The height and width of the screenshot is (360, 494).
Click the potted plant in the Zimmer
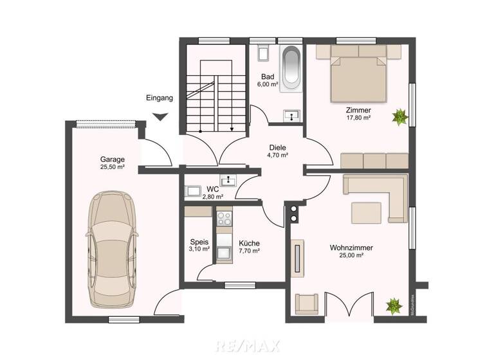[400, 116]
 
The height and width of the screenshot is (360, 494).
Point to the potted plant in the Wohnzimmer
[392, 304]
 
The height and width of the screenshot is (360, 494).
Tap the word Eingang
[160, 98]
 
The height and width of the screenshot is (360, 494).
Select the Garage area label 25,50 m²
[112, 167]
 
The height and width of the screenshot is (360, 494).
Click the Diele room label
[278, 147]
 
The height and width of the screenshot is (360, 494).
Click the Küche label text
[249, 244]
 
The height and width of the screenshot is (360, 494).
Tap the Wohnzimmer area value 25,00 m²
[352, 255]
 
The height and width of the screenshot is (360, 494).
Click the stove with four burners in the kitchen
[224, 219]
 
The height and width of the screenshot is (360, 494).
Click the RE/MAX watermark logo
[247, 346]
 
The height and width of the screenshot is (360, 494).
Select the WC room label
[212, 189]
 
